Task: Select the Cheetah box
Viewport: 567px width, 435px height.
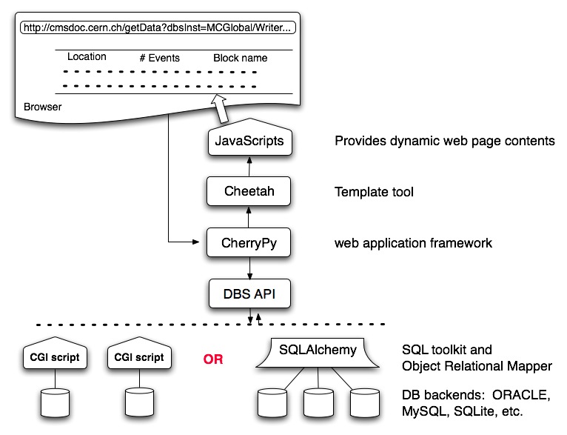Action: (x=249, y=191)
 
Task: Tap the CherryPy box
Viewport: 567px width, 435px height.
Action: (x=249, y=242)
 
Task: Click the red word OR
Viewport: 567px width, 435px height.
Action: (x=213, y=360)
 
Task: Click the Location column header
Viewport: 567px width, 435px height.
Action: (x=87, y=57)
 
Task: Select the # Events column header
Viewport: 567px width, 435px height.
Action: (x=159, y=58)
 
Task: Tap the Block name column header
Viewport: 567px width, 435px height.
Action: (x=240, y=58)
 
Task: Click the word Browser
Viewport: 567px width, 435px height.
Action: (x=42, y=107)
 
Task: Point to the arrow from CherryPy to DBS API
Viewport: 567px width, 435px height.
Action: (x=249, y=268)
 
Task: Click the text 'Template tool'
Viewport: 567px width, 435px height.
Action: (x=374, y=192)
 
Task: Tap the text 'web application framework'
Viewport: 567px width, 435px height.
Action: (x=413, y=243)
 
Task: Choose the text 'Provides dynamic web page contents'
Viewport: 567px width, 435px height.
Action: (x=444, y=141)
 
